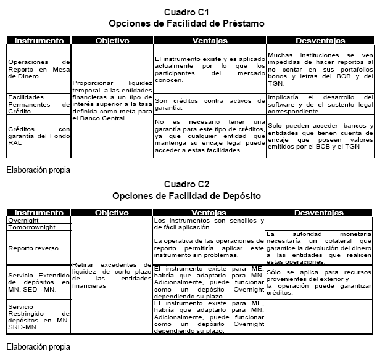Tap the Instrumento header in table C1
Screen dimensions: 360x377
coord(39,41)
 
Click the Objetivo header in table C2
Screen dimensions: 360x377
coord(112,213)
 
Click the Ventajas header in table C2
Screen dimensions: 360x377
coord(209,213)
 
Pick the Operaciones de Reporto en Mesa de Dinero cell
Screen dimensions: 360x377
coord(39,68)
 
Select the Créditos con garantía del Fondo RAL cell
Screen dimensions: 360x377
coord(39,134)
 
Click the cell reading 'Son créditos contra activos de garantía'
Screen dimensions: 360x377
coord(209,103)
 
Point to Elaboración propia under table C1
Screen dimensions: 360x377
coord(38,168)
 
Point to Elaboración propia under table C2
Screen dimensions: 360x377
coord(38,346)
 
